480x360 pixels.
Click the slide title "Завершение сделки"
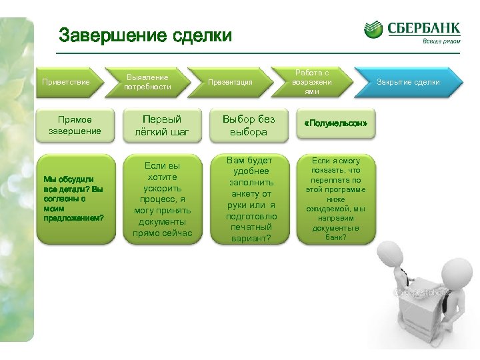[145, 35]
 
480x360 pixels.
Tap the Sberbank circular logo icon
[373, 29]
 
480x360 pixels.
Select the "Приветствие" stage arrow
[67, 82]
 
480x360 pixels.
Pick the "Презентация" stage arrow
[230, 82]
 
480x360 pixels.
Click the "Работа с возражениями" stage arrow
[311, 81]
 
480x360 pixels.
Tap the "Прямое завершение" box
[75, 125]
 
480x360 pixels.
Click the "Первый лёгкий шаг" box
[163, 125]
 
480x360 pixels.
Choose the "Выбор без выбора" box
[248, 125]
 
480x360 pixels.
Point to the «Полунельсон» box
[335, 125]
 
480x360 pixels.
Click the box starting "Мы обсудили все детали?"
[75, 198]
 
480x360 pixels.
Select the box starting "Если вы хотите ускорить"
[163, 198]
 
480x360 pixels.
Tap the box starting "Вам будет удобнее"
[248, 199]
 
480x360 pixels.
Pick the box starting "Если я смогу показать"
[335, 198]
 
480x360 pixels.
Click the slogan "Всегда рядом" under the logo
[440, 41]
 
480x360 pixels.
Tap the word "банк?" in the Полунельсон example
[335, 236]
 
